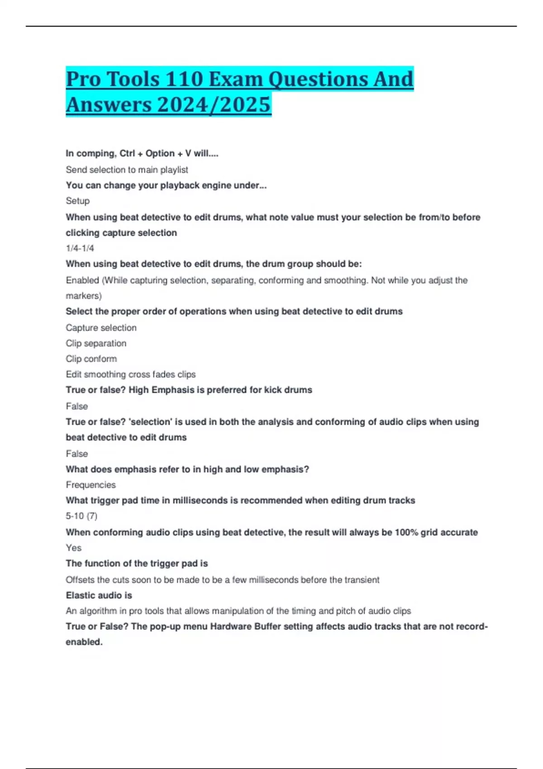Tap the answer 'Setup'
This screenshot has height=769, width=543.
pyautogui.click(x=78, y=201)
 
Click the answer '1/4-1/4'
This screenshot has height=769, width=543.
pyautogui.click(x=80, y=248)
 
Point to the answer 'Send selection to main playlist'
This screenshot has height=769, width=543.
pyautogui.click(x=127, y=170)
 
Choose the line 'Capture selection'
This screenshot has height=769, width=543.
pyautogui.click(x=101, y=328)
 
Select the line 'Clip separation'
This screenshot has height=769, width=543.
pyautogui.click(x=96, y=343)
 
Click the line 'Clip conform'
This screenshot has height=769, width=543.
pyautogui.click(x=91, y=359)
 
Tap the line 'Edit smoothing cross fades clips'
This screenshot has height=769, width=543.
pyautogui.click(x=131, y=375)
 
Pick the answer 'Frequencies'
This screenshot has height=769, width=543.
pyautogui.click(x=90, y=485)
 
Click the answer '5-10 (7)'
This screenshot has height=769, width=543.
pyautogui.click(x=81, y=516)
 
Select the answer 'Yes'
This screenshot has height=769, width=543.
pyautogui.click(x=74, y=548)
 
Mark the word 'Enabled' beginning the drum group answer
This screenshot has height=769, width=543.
pyautogui.click(x=82, y=280)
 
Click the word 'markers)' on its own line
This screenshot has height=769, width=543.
pyautogui.click(x=84, y=296)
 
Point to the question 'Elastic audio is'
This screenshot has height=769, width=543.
pyautogui.click(x=99, y=595)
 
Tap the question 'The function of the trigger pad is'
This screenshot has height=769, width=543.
pyautogui.click(x=137, y=564)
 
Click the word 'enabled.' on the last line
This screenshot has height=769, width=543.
pyautogui.click(x=84, y=642)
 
